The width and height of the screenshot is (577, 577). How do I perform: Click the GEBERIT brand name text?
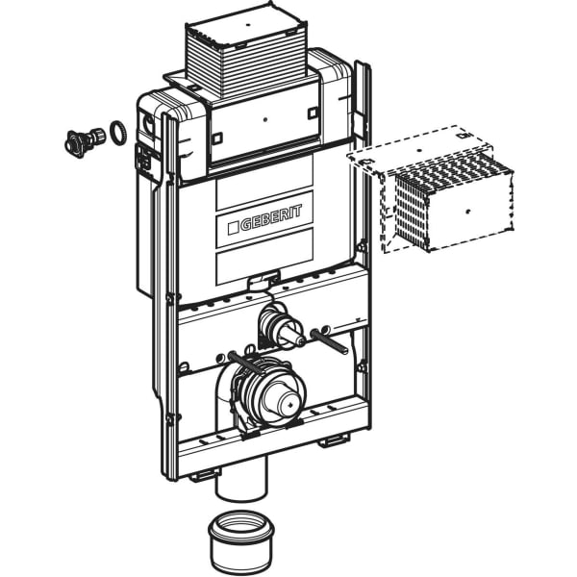(271, 218)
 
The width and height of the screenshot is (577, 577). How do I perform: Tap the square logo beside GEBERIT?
(234, 228)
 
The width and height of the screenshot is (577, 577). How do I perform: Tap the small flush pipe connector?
(281, 326)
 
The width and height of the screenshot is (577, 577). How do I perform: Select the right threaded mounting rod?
(329, 340)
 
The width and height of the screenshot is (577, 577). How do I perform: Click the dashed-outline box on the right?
(430, 189)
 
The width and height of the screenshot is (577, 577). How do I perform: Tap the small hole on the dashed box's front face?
(467, 211)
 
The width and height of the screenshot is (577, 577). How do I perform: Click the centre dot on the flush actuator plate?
(265, 119)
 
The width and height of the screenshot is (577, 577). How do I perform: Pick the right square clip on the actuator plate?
(313, 113)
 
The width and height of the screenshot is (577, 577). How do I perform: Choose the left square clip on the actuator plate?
(217, 138)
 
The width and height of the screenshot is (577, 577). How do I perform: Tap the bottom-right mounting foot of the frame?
(334, 440)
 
